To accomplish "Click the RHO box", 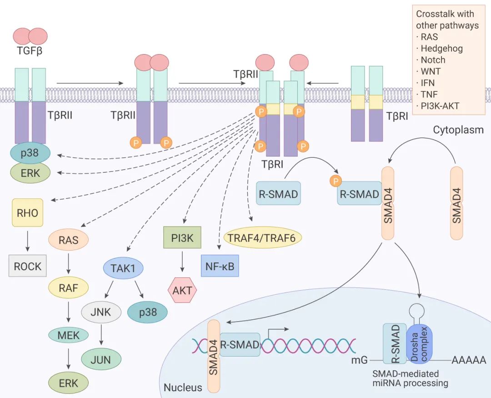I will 28,212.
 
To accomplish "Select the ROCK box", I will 28,266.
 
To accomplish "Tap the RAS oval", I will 68,240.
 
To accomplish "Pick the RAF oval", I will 68,287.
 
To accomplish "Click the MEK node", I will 69,336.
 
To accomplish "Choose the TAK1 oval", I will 123,268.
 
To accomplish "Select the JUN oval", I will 101,359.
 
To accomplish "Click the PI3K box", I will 182,237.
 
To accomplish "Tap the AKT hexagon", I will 182,290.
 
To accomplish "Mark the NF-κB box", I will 220,266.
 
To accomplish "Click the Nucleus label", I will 183,388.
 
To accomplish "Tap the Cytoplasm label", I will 458,130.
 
